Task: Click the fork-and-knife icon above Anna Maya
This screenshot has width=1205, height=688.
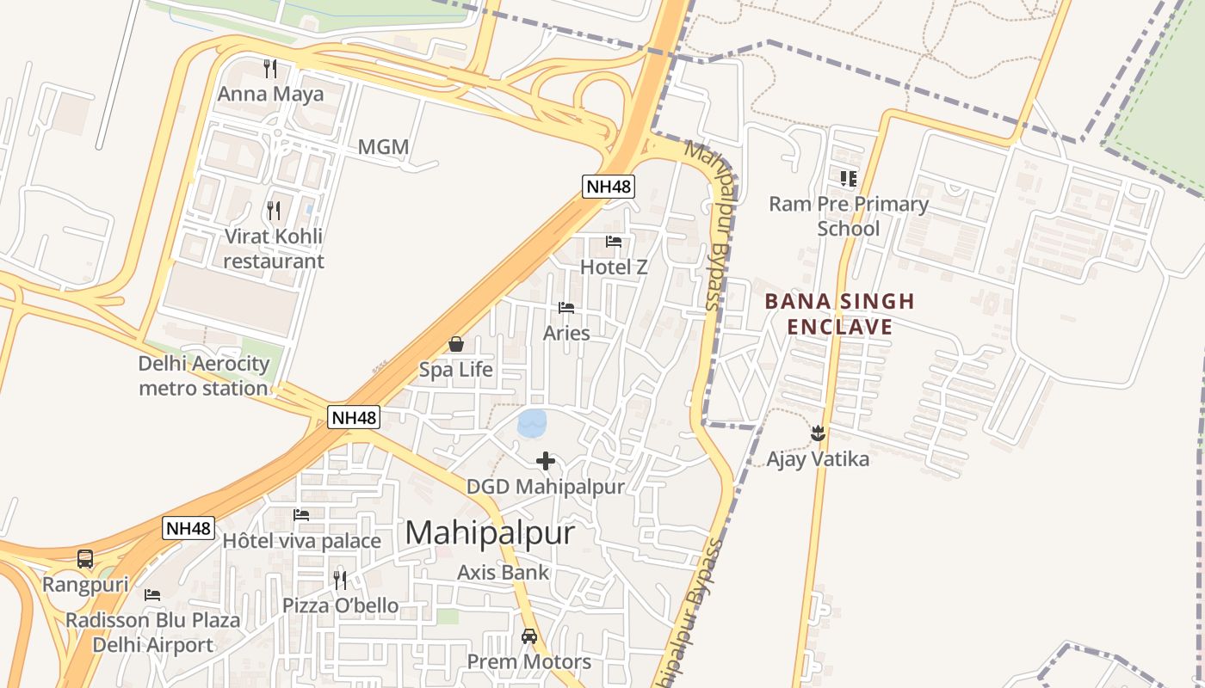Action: click(270, 69)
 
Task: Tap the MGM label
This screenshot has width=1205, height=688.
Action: click(383, 147)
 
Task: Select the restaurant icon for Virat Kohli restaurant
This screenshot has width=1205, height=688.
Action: click(273, 210)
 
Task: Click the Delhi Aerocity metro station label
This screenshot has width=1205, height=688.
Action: click(204, 376)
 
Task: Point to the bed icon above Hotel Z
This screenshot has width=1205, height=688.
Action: click(614, 242)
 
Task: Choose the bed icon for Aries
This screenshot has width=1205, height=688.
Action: click(566, 308)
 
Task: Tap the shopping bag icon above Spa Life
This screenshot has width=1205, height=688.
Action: click(456, 345)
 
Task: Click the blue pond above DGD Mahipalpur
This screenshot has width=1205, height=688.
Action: click(532, 423)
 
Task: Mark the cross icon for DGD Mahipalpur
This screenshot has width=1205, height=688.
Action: click(546, 461)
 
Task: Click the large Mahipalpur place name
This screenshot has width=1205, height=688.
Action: click(489, 533)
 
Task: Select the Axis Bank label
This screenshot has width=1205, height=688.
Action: click(503, 572)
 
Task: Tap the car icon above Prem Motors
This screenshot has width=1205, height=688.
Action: click(529, 636)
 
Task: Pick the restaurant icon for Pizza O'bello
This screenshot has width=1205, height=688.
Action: click(340, 580)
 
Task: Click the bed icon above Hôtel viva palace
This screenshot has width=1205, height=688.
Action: click(301, 515)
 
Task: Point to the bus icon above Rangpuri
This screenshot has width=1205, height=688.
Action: click(85, 559)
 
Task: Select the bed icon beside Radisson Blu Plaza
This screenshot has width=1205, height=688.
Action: click(152, 595)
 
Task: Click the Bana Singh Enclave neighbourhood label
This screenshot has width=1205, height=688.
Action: click(839, 314)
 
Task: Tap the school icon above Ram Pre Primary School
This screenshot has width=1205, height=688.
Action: click(849, 179)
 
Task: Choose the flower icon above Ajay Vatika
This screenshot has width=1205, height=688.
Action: click(818, 433)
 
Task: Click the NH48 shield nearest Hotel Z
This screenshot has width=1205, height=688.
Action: click(609, 187)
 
